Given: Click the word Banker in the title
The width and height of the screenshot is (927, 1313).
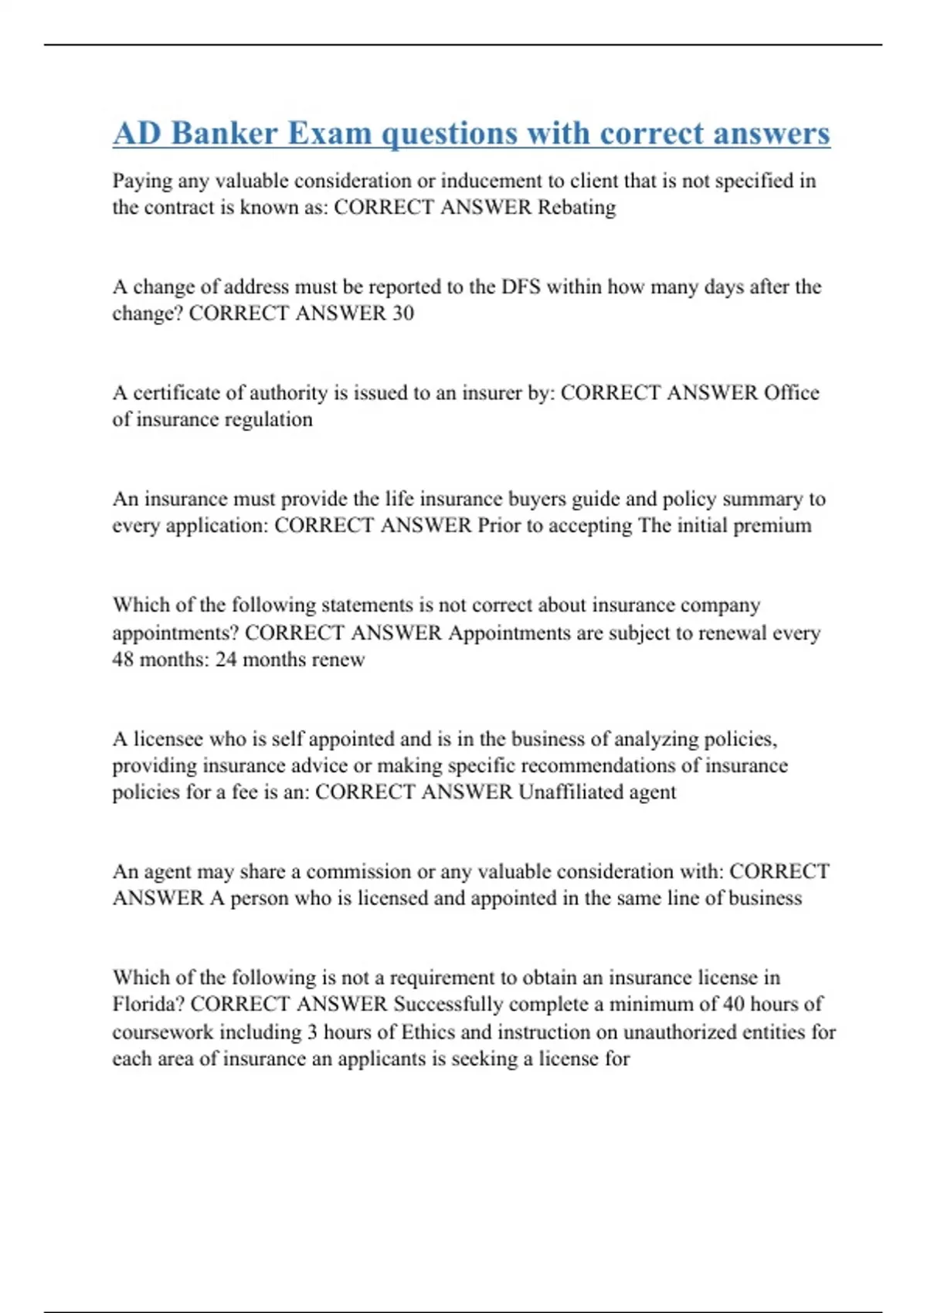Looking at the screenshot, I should tap(224, 133).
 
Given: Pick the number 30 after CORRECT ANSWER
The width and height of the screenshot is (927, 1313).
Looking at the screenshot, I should tap(402, 313).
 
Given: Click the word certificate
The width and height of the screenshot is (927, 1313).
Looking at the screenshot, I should tap(177, 392).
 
